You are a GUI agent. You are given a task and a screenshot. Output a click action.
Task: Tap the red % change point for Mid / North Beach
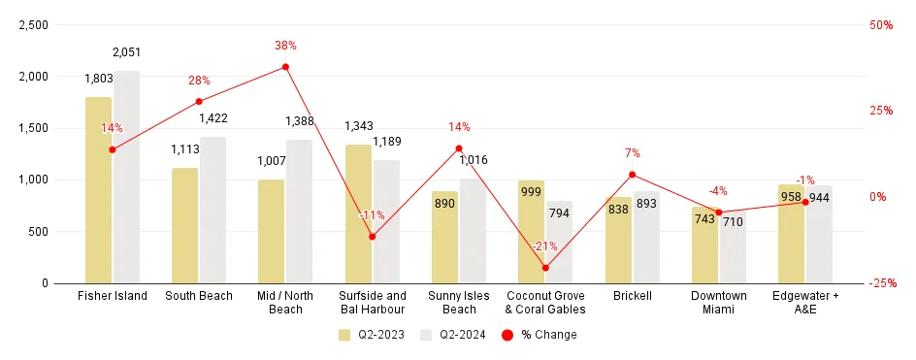(285, 67)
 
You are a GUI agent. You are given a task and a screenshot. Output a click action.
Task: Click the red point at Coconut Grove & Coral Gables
(545, 268)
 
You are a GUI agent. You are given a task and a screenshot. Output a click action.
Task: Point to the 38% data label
(284, 46)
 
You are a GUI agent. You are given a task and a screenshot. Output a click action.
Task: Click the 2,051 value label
(126, 51)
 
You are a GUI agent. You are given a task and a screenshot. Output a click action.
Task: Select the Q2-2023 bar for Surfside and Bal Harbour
(358, 213)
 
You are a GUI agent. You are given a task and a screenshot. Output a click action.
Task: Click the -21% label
(545, 246)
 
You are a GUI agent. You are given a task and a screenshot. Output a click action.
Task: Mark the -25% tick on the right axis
(883, 283)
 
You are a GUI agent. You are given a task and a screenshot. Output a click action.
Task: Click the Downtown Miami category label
(719, 303)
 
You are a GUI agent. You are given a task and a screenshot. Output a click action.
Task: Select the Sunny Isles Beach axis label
(459, 303)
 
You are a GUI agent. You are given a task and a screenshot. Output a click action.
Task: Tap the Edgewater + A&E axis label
(805, 303)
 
